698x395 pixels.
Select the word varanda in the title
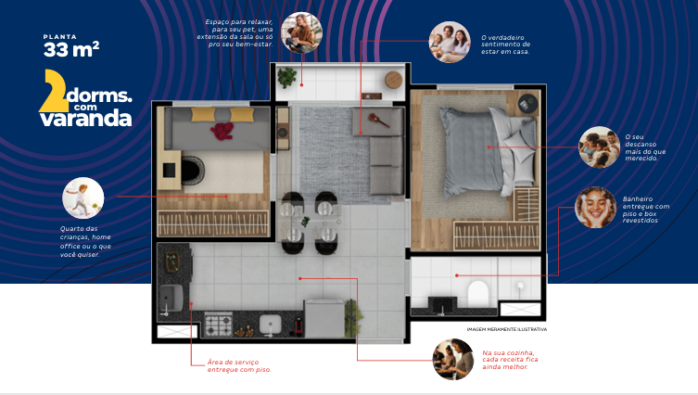point(92,118)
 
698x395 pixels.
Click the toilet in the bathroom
point(478,294)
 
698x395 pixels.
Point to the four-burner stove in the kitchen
point(218,325)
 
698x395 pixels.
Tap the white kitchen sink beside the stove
point(270,325)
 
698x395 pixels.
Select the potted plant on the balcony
point(287,76)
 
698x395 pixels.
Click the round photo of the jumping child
point(82,197)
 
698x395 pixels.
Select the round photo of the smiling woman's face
point(595,206)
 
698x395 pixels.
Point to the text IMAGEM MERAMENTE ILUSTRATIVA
point(507,329)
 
